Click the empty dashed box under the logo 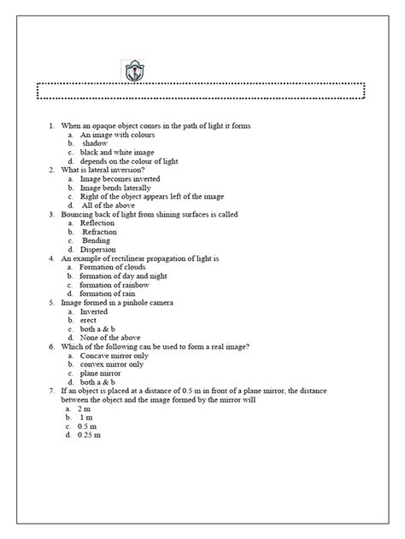tap(202, 90)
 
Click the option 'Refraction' tap(99, 232)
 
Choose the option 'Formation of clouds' tap(114, 267)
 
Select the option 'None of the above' tap(109, 338)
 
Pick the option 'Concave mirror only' tap(114, 356)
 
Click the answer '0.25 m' tap(89, 436)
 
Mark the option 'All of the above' tap(109, 206)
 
